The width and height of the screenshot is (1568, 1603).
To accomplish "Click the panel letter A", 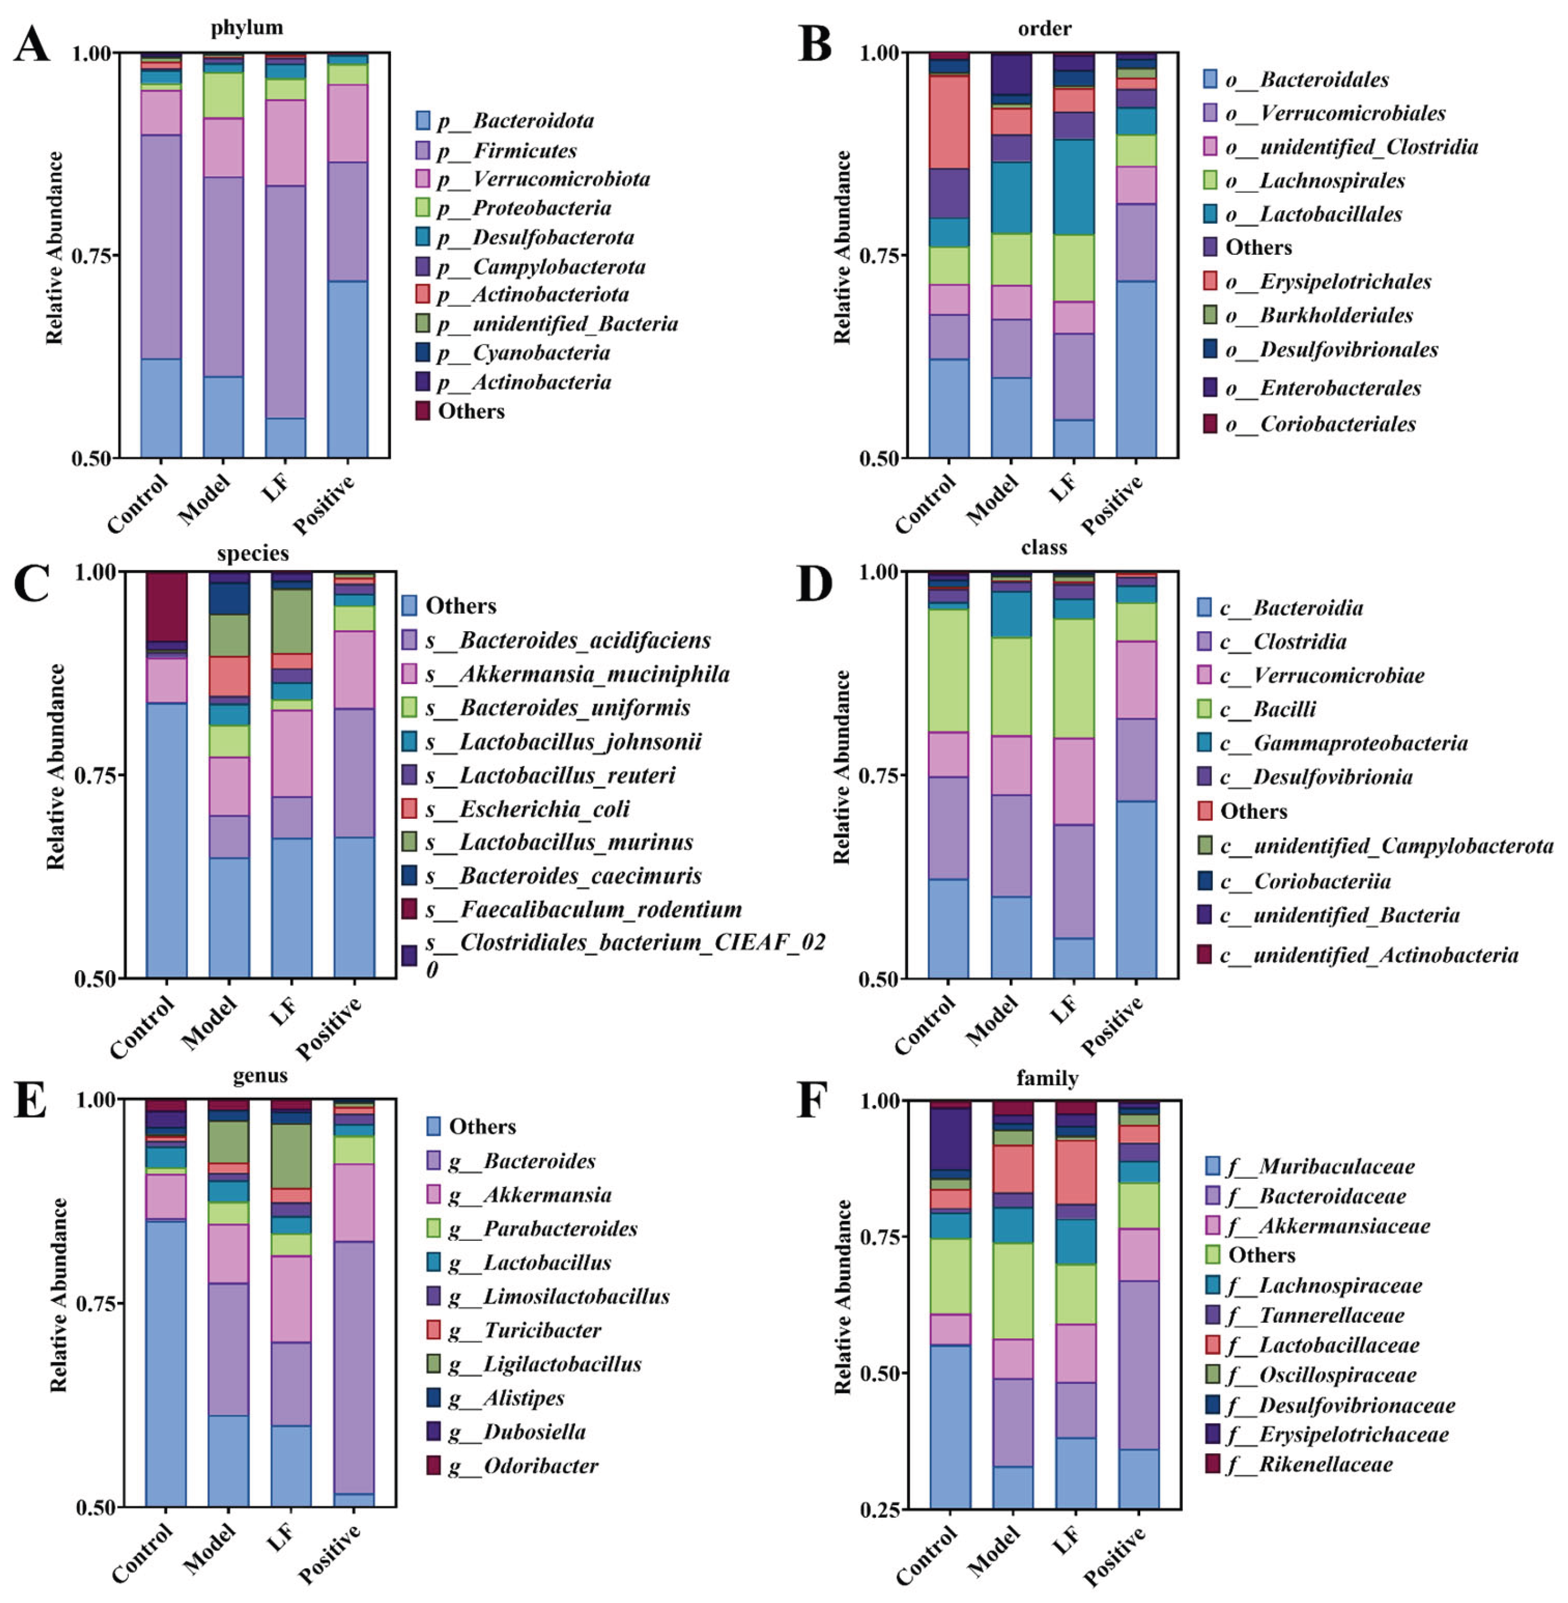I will click(x=31, y=45).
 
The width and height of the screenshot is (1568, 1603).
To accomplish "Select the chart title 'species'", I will click(x=253, y=553).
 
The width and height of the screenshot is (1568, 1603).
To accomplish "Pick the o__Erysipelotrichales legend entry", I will click(x=1327, y=282).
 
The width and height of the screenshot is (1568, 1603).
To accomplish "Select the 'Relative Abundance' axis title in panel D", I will click(x=842, y=767).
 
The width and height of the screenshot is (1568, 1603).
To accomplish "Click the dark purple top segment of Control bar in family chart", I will click(x=950, y=1139).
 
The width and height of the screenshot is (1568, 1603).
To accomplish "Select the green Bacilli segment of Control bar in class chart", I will click(x=949, y=670).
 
